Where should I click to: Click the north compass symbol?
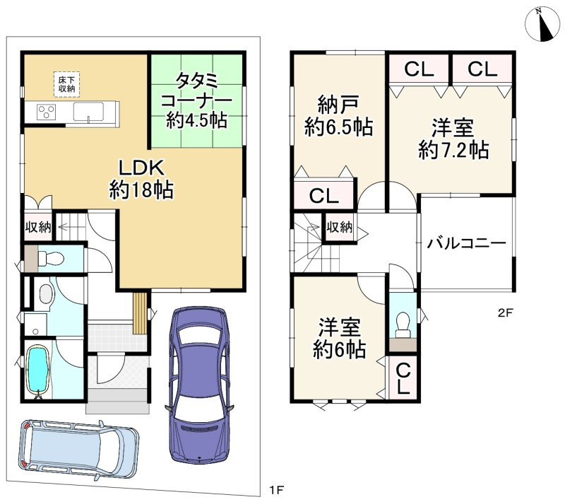click(542, 24)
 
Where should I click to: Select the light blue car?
click(78, 450)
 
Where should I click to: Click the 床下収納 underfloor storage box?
click(66, 85)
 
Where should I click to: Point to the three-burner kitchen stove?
click(47, 111)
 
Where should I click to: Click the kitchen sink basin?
click(88, 112)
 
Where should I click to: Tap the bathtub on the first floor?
click(38, 370)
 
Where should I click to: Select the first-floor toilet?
click(50, 258)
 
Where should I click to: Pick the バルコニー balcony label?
click(467, 243)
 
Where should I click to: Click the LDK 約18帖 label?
click(141, 179)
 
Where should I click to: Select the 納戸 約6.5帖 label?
click(338, 116)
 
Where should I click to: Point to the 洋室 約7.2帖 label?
click(453, 139)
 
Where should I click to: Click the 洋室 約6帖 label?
click(339, 338)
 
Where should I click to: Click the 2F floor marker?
click(505, 313)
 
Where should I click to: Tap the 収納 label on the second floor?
click(340, 227)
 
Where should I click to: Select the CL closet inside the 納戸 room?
click(323, 195)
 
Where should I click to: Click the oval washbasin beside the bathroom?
click(45, 294)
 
